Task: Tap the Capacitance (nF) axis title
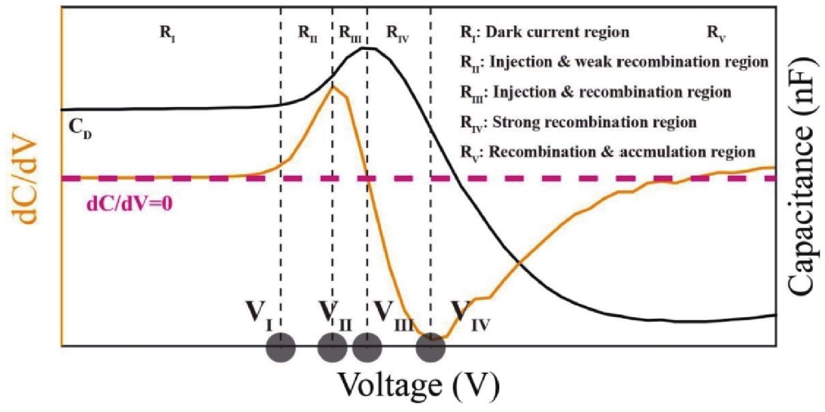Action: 804,179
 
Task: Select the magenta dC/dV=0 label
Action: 130,204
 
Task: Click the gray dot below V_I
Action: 281,347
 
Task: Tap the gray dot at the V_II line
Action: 332,347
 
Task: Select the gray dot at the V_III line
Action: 367,347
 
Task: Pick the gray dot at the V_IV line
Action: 431,347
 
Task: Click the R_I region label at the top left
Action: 167,34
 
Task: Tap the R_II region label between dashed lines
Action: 307,34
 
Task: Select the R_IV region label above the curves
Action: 398,34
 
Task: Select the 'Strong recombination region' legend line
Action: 578,123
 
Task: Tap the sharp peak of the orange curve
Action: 333,86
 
